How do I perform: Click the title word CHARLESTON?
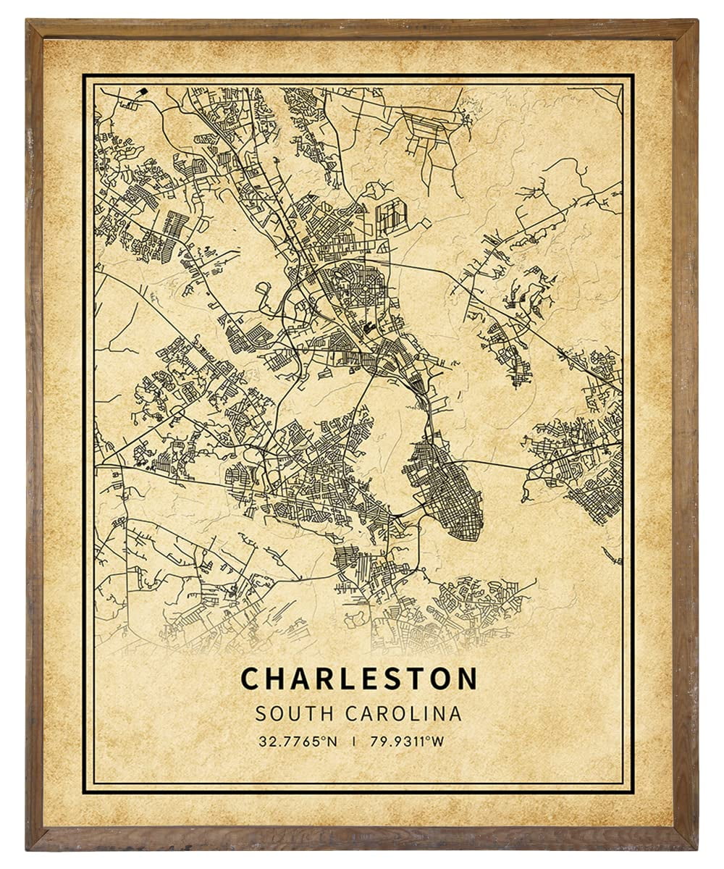point(359,679)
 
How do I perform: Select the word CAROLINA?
point(403,713)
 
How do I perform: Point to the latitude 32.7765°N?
point(297,742)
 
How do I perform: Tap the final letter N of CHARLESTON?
point(468,679)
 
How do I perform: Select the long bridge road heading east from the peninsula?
point(500,463)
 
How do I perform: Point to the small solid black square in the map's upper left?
point(143,91)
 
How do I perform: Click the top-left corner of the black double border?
point(84,75)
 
